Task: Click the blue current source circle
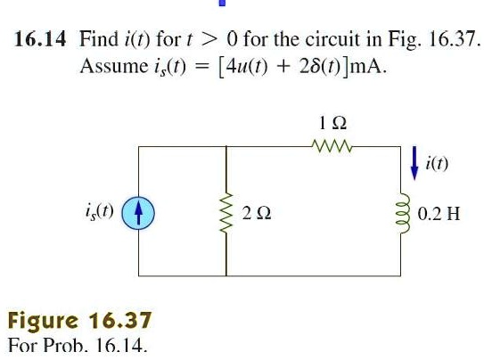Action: click(x=138, y=213)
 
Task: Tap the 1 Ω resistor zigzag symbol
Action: click(x=332, y=146)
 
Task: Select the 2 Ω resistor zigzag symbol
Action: click(x=226, y=213)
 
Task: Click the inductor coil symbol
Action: click(x=404, y=214)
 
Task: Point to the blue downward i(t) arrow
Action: click(x=414, y=163)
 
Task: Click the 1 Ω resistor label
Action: click(x=332, y=123)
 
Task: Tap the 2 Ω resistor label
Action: click(x=257, y=213)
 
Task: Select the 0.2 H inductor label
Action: click(x=439, y=214)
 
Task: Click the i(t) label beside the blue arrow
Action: click(x=437, y=163)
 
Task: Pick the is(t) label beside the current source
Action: click(x=100, y=212)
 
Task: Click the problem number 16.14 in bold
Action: click(x=40, y=39)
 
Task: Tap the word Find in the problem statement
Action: click(x=99, y=39)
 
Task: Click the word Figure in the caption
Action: click(x=43, y=322)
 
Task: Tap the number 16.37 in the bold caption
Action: click(x=120, y=320)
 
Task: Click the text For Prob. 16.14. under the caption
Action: click(x=78, y=346)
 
